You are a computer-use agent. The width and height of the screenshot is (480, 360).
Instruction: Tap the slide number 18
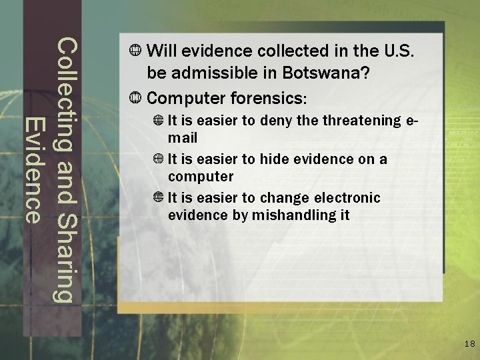point(469,344)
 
